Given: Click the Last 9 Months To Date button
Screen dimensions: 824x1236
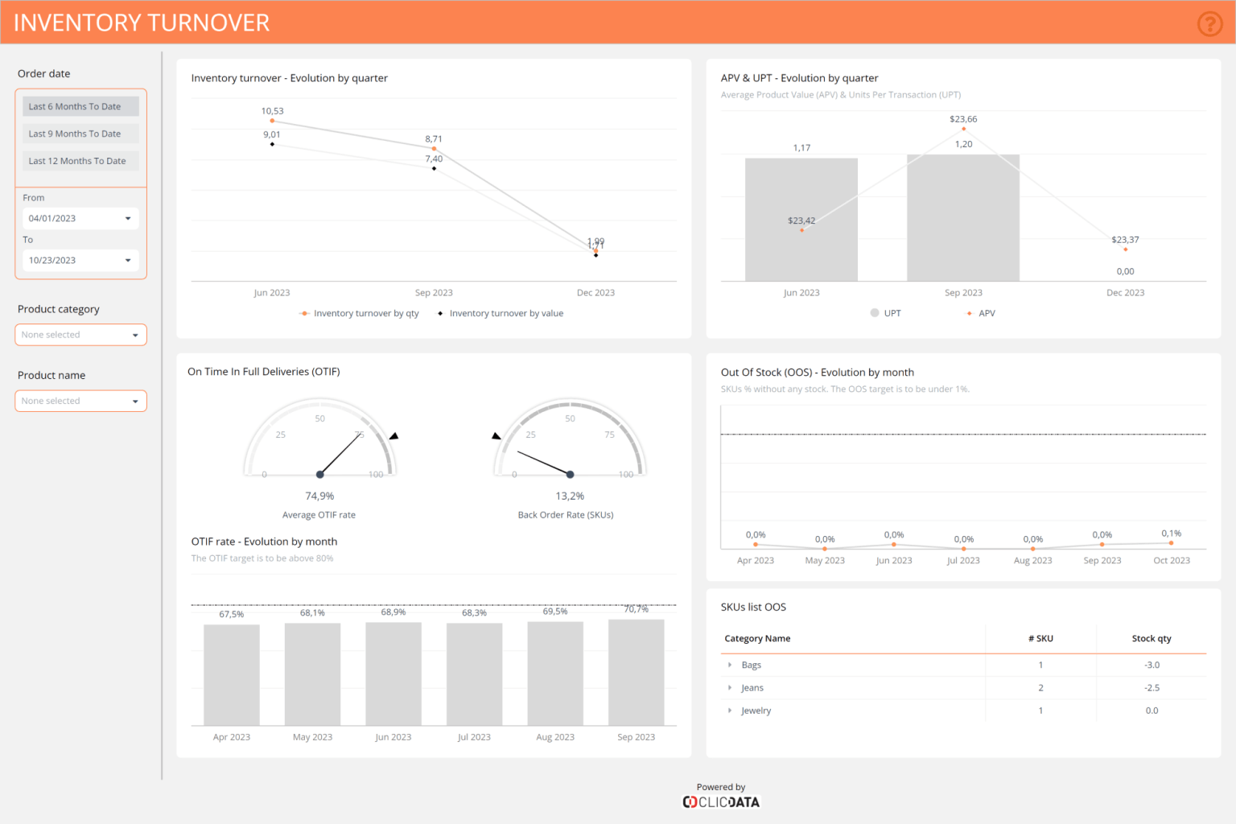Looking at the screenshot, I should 80,134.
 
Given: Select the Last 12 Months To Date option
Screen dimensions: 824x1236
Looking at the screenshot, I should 80,161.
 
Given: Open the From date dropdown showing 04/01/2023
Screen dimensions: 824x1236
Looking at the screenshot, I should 80,218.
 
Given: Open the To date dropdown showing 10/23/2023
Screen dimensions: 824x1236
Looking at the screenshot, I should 80,260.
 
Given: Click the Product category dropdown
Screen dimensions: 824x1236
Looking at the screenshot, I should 80,335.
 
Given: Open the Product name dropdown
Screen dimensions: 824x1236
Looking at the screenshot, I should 80,401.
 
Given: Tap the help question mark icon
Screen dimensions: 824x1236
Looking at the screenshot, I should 1209,24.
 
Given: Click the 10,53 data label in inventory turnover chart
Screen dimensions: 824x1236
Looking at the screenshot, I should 272,111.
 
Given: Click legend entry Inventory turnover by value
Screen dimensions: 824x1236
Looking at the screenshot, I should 505,314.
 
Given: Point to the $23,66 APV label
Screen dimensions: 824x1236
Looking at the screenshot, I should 963,119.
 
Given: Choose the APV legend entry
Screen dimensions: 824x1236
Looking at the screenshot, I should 986,314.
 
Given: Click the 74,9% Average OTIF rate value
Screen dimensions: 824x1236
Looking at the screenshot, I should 319,496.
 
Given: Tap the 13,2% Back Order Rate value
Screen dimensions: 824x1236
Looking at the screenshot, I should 570,496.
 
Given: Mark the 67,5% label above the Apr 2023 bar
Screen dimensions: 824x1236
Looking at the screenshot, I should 232,614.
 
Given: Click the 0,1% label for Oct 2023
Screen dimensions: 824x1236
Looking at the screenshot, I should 1171,534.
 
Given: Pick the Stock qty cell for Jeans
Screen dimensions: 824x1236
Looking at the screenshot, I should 1152,688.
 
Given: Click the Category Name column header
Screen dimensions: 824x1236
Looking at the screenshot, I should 757,639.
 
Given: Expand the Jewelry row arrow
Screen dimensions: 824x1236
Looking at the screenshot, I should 730,711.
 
